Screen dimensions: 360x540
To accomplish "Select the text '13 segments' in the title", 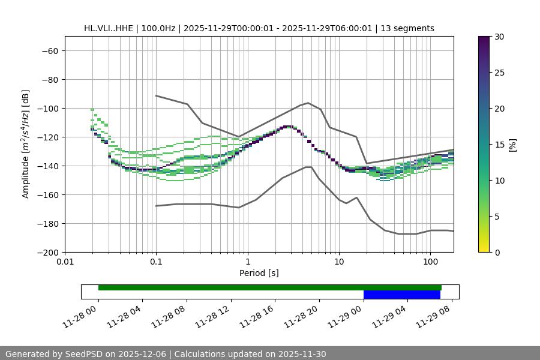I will pos(411,28).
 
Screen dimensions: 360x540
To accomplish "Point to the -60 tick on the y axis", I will pos(49,50).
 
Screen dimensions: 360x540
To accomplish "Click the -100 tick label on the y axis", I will pos(47,108).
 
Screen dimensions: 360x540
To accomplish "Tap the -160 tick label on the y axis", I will pos(47,194).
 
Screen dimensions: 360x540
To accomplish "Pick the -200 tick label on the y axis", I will pos(47,252).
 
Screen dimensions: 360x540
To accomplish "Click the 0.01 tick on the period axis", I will pos(65,262).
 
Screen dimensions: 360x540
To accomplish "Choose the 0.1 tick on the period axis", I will pos(156,262).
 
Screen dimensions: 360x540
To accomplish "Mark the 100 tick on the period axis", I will pos(430,262).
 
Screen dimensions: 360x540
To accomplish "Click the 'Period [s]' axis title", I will pos(259,273).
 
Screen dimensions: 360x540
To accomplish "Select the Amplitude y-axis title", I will pos(26,144).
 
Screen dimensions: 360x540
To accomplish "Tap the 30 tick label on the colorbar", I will pos(499,37).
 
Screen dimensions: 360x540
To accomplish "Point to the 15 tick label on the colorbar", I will pos(499,144).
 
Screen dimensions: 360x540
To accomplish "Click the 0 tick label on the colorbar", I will pos(497,252).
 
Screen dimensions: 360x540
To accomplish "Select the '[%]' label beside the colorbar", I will pos(512,144).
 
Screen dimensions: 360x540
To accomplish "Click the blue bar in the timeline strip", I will pos(401,295).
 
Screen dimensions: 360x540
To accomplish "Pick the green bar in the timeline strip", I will pos(269,287).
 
